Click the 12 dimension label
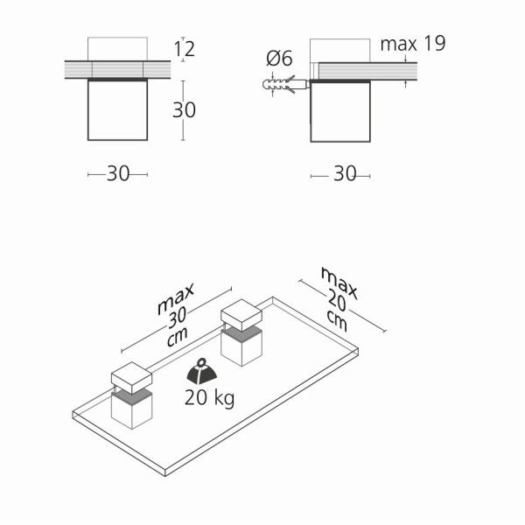pyautogui.click(x=185, y=49)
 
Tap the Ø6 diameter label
pyautogui.click(x=279, y=59)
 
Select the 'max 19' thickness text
pyautogui.click(x=413, y=44)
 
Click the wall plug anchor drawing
pyautogui.click(x=283, y=84)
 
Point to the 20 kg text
pyautogui.click(x=210, y=398)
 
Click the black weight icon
pyautogui.click(x=201, y=372)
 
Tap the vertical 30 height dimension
pyautogui.click(x=184, y=110)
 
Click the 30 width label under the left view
pyautogui.click(x=118, y=174)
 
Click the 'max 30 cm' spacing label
pyautogui.click(x=176, y=315)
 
